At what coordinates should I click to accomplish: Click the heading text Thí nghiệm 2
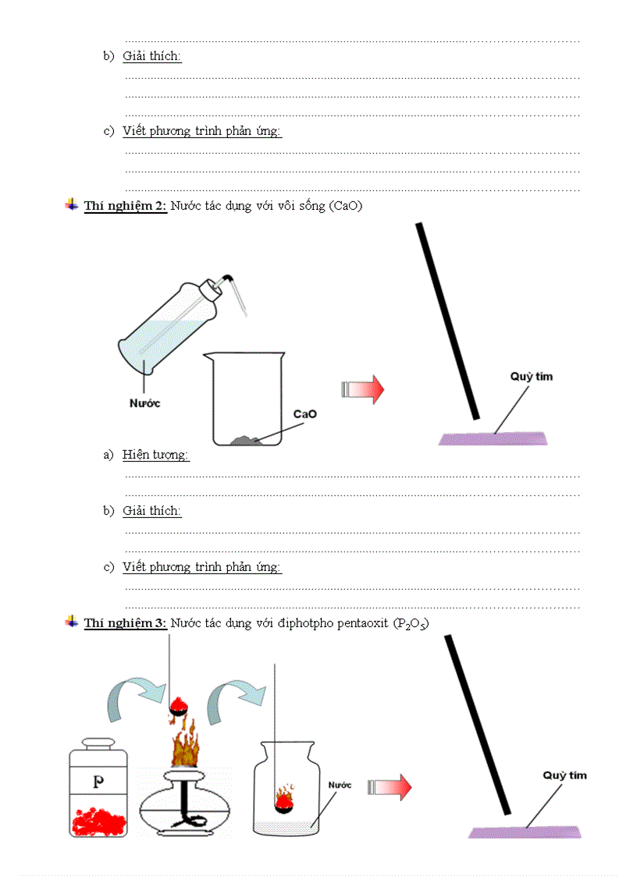click(x=125, y=206)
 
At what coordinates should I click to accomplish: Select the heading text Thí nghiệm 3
click(x=125, y=622)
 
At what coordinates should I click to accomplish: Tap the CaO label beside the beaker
click(x=304, y=414)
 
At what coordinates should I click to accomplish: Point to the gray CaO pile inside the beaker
click(x=249, y=441)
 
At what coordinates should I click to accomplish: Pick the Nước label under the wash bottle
click(x=144, y=403)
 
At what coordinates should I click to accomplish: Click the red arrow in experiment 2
click(x=363, y=389)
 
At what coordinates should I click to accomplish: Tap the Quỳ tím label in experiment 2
click(x=532, y=377)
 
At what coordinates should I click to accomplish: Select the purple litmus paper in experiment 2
click(x=493, y=438)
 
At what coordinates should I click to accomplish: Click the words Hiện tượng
click(x=155, y=455)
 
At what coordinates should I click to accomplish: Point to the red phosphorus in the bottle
click(x=98, y=821)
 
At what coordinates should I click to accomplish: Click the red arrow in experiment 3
click(x=390, y=787)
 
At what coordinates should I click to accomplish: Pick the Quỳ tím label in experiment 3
click(x=564, y=775)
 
